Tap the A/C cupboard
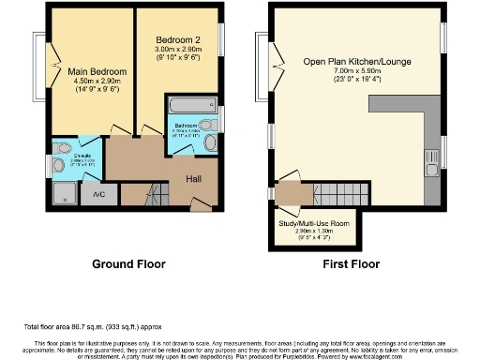click(x=97, y=194)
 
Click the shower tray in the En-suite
click(x=62, y=192)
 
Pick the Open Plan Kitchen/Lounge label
click(x=356, y=62)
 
